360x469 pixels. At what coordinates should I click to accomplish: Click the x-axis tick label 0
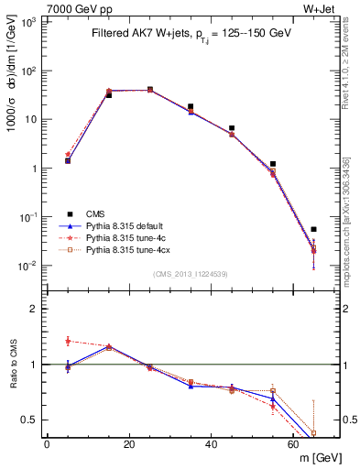point(47,444)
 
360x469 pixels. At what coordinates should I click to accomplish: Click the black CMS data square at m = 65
point(313,229)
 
